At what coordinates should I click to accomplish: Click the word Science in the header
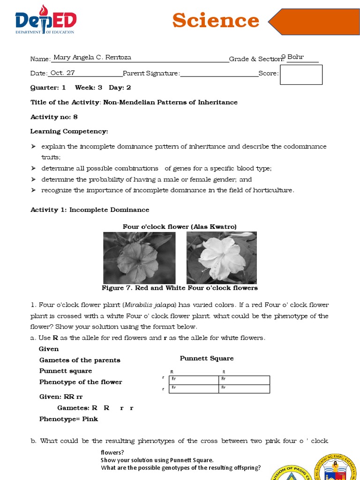215,21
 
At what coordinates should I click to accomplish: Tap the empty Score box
301,75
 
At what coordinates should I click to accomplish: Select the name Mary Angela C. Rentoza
92,58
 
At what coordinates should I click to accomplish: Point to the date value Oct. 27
62,73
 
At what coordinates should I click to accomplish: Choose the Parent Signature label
150,73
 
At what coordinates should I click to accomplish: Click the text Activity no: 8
54,117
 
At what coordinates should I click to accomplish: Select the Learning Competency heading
69,131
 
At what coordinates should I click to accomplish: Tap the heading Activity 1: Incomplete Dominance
90,210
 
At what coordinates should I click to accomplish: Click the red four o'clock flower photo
139,257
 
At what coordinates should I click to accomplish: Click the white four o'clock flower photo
221,257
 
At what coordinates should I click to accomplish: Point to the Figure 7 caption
180,288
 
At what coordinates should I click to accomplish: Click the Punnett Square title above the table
206,358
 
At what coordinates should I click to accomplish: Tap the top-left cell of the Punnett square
193,380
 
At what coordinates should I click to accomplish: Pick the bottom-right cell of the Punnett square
244,388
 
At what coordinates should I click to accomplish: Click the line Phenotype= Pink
68,419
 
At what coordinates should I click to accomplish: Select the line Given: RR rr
61,397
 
